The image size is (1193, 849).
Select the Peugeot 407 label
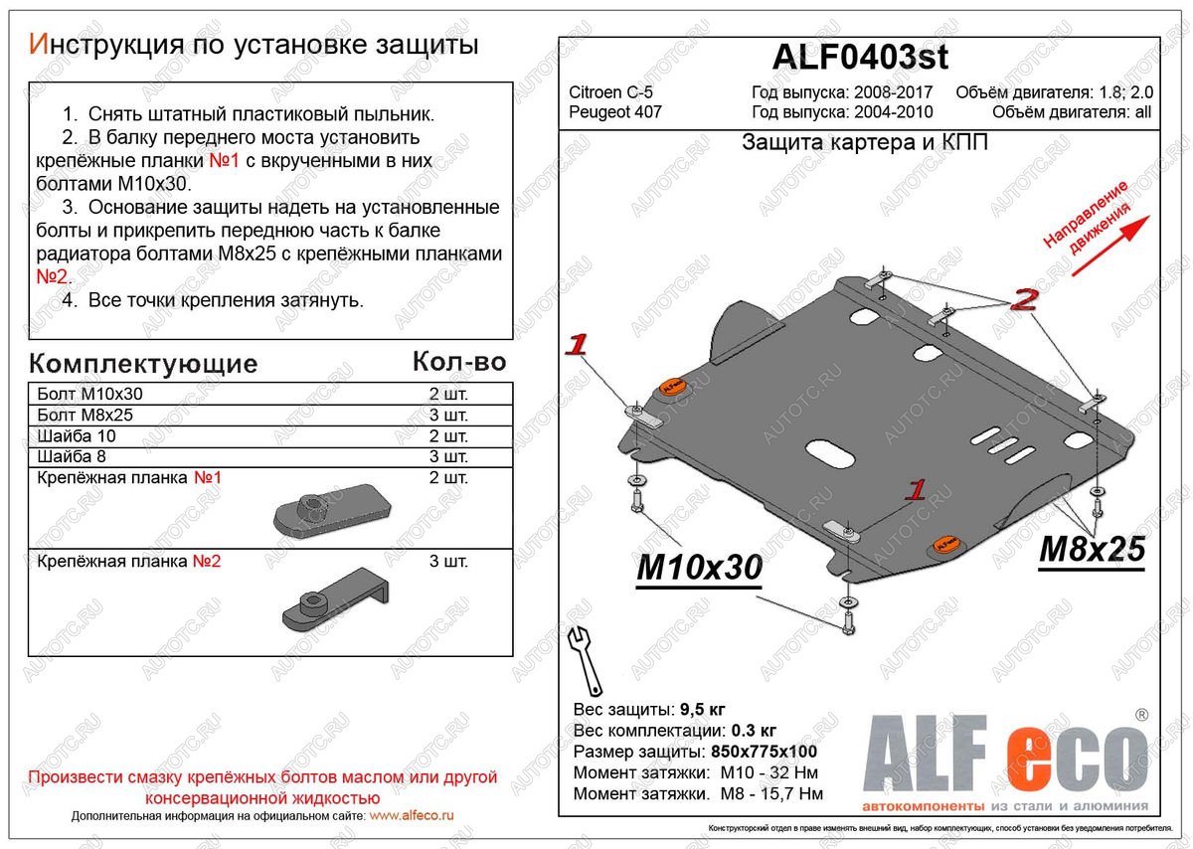[x=615, y=112]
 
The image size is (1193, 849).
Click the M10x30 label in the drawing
[x=698, y=567]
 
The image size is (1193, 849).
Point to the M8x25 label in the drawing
[x=1092, y=549]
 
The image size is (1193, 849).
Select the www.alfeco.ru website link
[x=411, y=815]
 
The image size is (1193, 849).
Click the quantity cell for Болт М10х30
[x=447, y=394]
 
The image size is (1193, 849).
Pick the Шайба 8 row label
[x=71, y=457]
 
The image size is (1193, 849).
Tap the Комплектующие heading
[x=143, y=363]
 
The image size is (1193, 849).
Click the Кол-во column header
[x=458, y=361]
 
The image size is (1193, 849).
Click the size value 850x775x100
[x=765, y=752]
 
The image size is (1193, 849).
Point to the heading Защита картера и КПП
[x=865, y=143]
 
